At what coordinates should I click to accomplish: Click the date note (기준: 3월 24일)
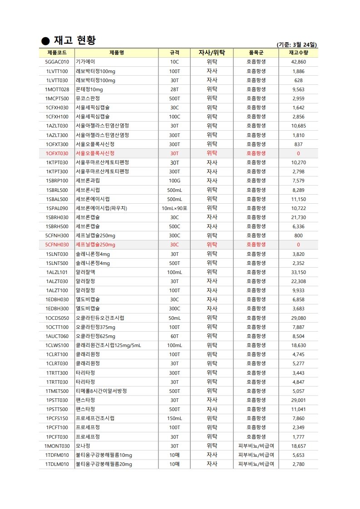pyautogui.click(x=297, y=44)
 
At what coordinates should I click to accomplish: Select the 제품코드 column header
pyautogui.click(x=57, y=53)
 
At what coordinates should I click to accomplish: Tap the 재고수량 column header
pyautogui.click(x=298, y=53)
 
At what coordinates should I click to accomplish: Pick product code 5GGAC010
pyautogui.click(x=57, y=62)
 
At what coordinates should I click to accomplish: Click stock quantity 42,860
pyautogui.click(x=298, y=62)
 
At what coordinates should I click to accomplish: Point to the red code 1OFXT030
pyautogui.click(x=57, y=153)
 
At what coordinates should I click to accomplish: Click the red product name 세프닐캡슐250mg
pyautogui.click(x=95, y=245)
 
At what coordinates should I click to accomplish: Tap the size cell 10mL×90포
pyautogui.click(x=174, y=208)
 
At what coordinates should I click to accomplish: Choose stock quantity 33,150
pyautogui.click(x=298, y=272)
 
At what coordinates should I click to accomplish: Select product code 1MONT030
pyautogui.click(x=57, y=446)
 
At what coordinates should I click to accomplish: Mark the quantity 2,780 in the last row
pyautogui.click(x=298, y=464)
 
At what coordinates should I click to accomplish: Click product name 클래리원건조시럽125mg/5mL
pyautogui.click(x=108, y=345)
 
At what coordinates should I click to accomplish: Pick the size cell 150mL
pyautogui.click(x=174, y=418)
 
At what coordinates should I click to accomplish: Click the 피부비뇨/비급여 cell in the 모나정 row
pyautogui.click(x=256, y=446)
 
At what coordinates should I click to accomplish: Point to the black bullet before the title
pyautogui.click(x=45, y=41)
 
